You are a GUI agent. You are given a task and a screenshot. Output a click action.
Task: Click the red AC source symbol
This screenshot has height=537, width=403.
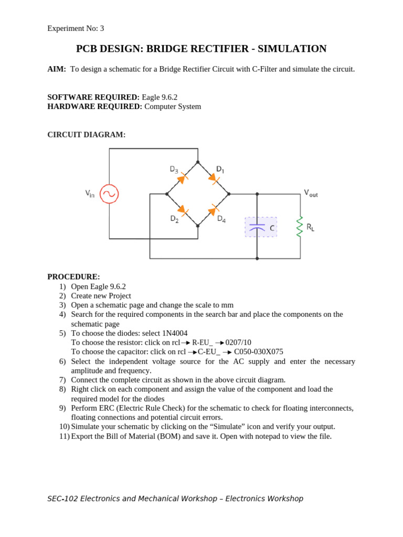tap(109, 194)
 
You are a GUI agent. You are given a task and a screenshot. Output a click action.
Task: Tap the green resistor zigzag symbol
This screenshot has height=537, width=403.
tap(300, 227)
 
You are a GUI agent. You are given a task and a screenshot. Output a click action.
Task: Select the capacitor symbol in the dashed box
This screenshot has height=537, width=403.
tap(257, 227)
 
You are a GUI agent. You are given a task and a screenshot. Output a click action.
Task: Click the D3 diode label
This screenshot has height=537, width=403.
tap(174, 169)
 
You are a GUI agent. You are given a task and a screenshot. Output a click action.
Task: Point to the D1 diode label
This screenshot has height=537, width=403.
tap(220, 169)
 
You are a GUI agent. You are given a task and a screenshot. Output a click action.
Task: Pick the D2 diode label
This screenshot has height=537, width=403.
tap(174, 219)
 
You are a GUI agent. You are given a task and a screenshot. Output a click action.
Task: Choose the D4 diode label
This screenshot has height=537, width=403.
tap(221, 219)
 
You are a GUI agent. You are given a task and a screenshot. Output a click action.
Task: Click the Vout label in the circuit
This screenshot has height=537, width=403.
tap(311, 193)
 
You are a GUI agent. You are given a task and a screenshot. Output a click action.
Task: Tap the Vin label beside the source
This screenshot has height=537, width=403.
tap(90, 194)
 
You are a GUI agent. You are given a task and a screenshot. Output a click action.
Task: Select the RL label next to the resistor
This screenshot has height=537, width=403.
tap(311, 227)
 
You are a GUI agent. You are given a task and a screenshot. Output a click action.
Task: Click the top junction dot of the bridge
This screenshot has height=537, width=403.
tap(198, 162)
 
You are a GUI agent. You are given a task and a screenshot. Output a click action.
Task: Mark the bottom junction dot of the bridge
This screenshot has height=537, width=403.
tap(198, 225)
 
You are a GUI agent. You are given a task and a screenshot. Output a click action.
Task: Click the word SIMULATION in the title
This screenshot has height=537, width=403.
tap(295, 49)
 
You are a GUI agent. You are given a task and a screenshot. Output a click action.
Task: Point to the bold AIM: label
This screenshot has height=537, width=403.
tap(57, 69)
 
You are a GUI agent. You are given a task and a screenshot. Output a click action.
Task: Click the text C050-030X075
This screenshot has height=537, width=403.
tap(259, 352)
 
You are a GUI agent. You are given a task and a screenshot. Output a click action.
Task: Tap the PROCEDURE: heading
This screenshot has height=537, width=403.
tap(73, 277)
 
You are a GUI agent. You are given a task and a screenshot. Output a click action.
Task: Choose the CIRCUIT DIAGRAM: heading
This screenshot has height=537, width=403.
tap(86, 135)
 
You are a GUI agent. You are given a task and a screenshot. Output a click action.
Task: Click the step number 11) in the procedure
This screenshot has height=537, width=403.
tap(64, 436)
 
